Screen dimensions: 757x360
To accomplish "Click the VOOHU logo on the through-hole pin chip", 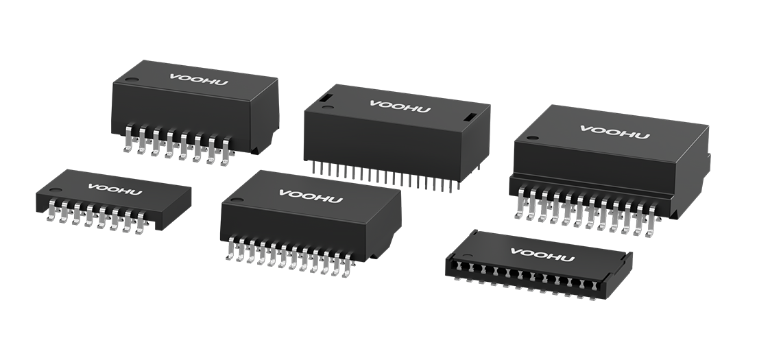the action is [400, 106].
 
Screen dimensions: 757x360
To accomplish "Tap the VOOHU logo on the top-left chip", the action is [198, 80].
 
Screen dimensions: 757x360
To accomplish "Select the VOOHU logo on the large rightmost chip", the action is [614, 132].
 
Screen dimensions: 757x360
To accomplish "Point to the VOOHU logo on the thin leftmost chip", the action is [115, 189].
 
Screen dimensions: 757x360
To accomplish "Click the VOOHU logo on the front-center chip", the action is [311, 196].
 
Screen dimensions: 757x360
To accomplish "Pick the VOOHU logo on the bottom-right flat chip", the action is [542, 255].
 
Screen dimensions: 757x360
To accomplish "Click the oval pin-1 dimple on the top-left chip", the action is [132, 80].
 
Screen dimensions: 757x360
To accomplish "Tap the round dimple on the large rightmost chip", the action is [533, 138].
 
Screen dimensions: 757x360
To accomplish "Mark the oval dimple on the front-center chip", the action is [237, 200].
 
